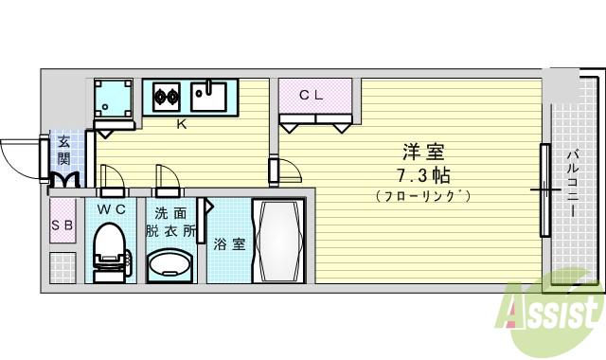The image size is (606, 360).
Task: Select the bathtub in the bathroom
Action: (x=276, y=241)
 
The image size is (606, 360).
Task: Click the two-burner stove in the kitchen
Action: (x=167, y=95)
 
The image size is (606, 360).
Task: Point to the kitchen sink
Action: (x=207, y=94)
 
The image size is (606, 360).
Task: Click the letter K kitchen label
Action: (x=180, y=122)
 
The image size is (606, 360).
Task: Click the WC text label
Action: (x=112, y=209)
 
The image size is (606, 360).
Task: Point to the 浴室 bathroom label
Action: (x=228, y=244)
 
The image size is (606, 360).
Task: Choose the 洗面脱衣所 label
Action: (x=169, y=222)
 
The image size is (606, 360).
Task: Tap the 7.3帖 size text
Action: (x=422, y=174)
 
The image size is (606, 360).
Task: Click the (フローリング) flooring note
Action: (x=422, y=196)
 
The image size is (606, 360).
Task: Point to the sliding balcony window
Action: (x=544, y=189)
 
